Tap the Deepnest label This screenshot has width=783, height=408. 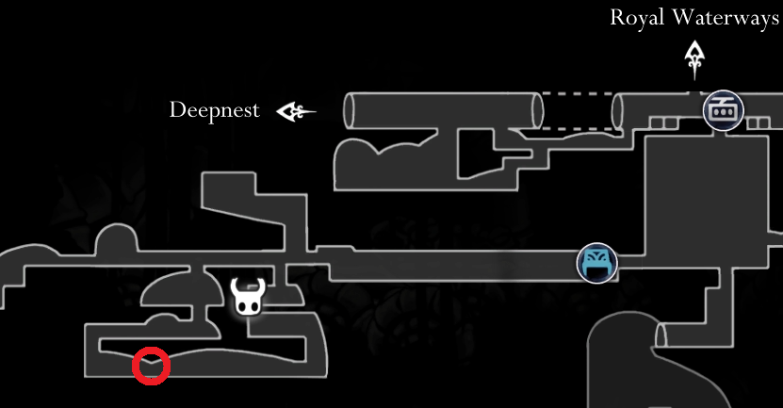(214, 110)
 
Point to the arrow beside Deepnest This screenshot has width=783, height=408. (295, 112)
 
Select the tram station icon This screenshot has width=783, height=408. (724, 110)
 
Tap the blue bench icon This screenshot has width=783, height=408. (596, 263)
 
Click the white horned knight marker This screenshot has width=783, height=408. (248, 297)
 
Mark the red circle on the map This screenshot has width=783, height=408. (151, 366)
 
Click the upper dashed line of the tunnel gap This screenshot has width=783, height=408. (577, 93)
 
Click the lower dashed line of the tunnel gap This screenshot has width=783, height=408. (577, 128)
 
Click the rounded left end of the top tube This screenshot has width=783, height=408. (350, 111)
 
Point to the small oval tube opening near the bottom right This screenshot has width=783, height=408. (661, 335)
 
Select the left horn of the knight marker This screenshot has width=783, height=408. (237, 285)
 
